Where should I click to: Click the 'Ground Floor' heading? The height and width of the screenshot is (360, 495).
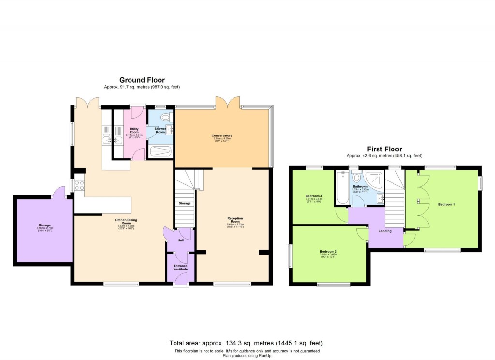pos(142,80)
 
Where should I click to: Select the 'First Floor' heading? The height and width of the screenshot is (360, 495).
pos(384,149)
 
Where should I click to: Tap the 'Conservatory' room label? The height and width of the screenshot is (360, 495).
pos(222,135)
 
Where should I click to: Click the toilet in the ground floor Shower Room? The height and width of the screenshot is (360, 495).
pos(166,117)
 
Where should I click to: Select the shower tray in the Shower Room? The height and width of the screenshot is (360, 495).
pos(160,151)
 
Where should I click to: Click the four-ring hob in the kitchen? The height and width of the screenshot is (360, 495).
pos(79,185)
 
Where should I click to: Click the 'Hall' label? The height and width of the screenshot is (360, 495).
pos(181,240)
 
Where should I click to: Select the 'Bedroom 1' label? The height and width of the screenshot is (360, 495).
pos(446,204)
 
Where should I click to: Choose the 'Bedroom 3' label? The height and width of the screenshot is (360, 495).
pos(314,196)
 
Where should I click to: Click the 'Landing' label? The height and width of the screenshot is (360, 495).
pos(385,231)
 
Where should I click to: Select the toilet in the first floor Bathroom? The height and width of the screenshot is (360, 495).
pos(357,178)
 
